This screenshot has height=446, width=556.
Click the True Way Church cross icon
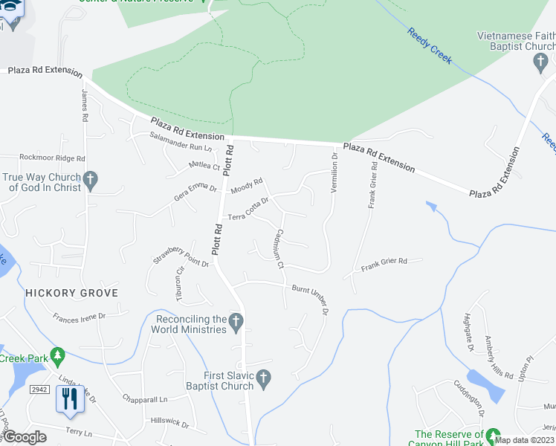click(90, 178)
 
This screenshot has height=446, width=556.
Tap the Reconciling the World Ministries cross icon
click(236, 322)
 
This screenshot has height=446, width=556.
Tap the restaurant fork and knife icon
click(68, 398)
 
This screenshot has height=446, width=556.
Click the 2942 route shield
click(39, 389)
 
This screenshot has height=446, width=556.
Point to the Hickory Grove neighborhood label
click(71, 293)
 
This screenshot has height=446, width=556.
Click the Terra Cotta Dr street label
click(248, 209)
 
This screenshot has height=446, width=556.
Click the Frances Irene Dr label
click(80, 317)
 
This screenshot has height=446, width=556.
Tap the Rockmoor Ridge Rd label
click(52, 158)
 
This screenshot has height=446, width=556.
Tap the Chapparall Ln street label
click(146, 399)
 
